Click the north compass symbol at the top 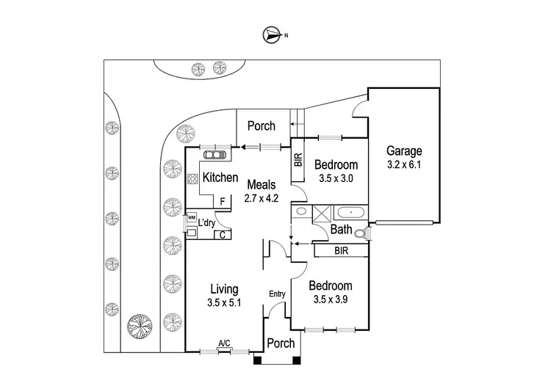[x=273, y=34]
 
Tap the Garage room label [x=404, y=151]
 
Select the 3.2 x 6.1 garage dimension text [x=404, y=165]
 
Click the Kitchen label [x=220, y=178]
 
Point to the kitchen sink [x=215, y=155]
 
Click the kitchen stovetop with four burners [x=193, y=179]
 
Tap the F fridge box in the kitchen [x=221, y=201]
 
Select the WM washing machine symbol [x=191, y=218]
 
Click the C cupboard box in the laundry [x=221, y=236]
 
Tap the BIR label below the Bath [x=340, y=250]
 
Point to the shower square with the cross [x=320, y=214]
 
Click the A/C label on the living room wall [x=224, y=343]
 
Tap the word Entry [x=277, y=294]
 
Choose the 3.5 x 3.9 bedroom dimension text [x=331, y=300]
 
